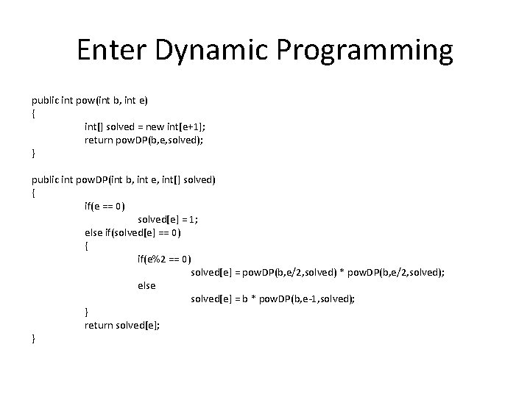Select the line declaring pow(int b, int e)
coord(89,100)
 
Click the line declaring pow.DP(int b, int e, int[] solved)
coord(123,179)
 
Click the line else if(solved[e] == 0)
coord(132,232)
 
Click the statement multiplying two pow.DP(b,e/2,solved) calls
coord(317,272)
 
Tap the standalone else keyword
coord(146,285)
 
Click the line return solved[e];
coord(121,325)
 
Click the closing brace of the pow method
coord(33,153)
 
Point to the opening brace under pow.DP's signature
coord(33,193)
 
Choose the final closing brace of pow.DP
coord(33,338)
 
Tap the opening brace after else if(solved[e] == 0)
coord(86,246)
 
